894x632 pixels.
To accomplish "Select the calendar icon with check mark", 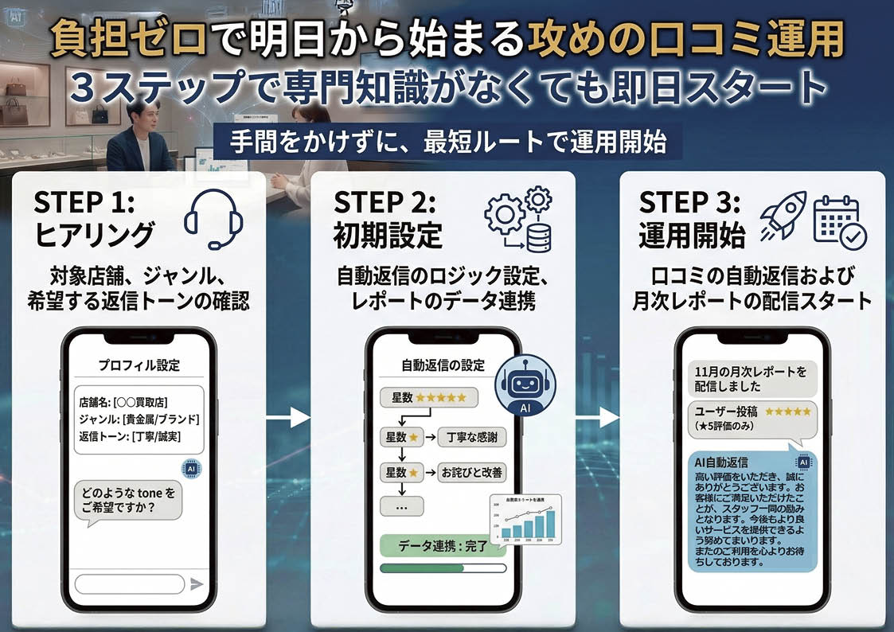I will pos(839,220).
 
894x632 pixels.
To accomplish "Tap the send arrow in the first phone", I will pos(197,584).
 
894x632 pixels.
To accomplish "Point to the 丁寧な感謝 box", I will pos(471,437).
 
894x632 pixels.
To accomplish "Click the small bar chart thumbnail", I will pos(525,520).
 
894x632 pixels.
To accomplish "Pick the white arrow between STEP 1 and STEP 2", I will pos(288,416).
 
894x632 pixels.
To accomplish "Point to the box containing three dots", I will pos(402,506).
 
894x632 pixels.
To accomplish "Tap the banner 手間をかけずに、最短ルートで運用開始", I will pos(447,145).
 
